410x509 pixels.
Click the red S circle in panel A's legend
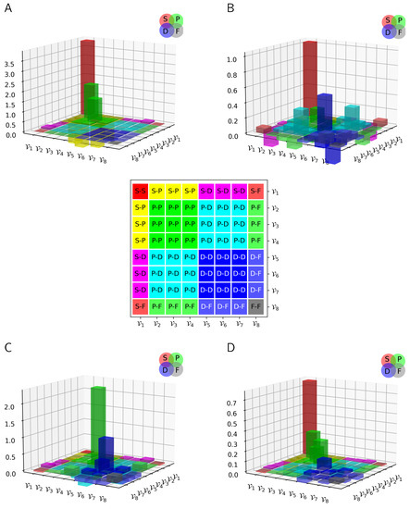click(x=165, y=19)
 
